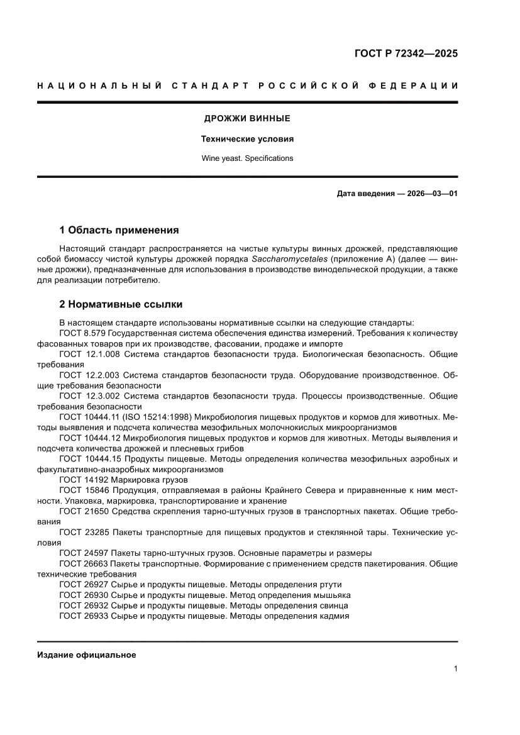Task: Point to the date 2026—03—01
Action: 431,194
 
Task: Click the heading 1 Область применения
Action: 119,230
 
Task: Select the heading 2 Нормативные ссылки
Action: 121,304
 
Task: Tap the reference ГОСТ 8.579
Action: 84,333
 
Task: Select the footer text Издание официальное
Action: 87,655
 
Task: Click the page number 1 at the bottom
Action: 455,669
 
